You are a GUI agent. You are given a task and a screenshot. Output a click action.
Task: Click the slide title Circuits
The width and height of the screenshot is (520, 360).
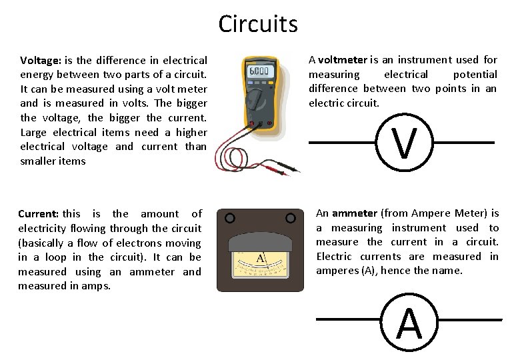(x=258, y=25)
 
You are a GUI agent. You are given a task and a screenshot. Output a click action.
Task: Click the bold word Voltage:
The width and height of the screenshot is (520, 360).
(x=41, y=60)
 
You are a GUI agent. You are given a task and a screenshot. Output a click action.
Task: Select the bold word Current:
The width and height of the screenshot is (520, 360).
(x=39, y=214)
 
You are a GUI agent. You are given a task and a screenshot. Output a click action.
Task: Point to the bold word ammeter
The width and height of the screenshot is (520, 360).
(x=355, y=213)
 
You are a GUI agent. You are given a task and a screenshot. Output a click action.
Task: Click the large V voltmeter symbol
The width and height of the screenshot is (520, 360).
(x=405, y=143)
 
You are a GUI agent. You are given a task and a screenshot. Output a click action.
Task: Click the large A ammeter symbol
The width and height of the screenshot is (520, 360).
(x=409, y=323)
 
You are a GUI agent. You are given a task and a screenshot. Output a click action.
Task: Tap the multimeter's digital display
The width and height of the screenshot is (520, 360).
(x=259, y=71)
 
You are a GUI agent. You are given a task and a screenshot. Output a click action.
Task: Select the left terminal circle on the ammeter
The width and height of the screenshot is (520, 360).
(x=229, y=218)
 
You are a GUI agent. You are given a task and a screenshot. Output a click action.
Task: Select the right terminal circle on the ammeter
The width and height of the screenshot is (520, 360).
(x=290, y=218)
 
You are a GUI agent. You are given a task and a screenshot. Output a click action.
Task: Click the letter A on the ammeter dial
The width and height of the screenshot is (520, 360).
(x=261, y=258)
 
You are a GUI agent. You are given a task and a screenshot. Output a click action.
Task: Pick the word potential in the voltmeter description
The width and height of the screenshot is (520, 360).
(x=475, y=75)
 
